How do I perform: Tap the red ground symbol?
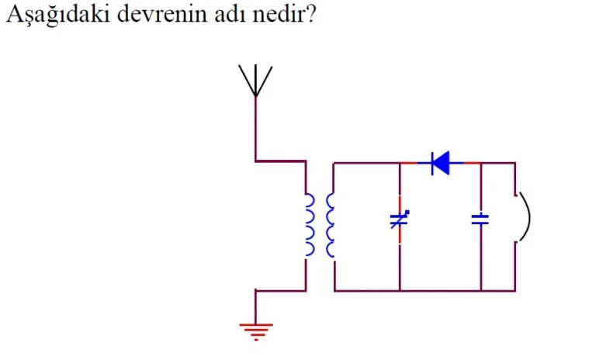point(256,331)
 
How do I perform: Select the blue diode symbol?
point(440,163)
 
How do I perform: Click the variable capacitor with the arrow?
point(399,220)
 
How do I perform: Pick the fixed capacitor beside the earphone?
point(481,220)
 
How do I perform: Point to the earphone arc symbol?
point(524,217)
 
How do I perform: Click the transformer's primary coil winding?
point(310,224)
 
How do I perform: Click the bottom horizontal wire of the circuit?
point(423,291)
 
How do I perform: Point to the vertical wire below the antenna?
point(255,128)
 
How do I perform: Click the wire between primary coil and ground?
point(256,303)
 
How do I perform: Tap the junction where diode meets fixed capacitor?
point(481,163)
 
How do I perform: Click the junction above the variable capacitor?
point(400,163)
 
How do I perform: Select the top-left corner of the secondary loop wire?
point(334,163)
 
